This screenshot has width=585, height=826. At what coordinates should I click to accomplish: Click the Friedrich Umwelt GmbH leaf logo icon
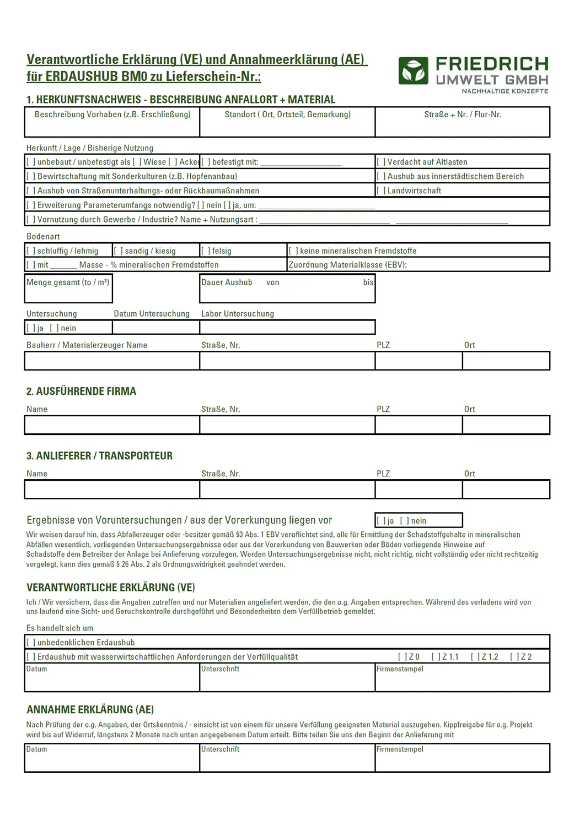tap(414, 71)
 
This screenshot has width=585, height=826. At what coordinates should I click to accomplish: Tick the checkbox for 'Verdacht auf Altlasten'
tap(381, 162)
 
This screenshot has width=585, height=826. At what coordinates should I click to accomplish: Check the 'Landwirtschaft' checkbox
tap(381, 191)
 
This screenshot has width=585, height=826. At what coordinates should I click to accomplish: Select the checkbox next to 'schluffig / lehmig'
tap(31, 251)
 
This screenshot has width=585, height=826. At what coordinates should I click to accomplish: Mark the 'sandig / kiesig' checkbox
tap(118, 251)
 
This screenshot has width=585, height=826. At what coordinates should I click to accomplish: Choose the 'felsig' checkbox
tap(206, 251)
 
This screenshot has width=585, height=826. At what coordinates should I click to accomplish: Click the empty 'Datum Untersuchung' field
tap(156, 328)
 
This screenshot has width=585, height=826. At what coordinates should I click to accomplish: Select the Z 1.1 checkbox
tap(436, 657)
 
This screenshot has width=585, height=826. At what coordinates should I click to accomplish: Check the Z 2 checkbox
tap(514, 657)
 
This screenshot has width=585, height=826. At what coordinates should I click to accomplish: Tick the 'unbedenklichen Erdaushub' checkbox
tap(31, 643)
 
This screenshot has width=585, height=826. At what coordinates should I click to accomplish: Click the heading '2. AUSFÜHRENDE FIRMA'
tap(81, 392)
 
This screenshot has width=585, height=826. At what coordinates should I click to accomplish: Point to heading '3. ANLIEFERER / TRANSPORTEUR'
tap(99, 456)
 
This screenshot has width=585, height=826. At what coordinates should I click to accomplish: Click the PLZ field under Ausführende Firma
tap(418, 425)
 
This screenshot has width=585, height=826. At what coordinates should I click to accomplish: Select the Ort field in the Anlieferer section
tap(506, 490)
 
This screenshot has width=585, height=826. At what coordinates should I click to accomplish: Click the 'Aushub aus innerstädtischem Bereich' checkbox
tap(381, 176)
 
